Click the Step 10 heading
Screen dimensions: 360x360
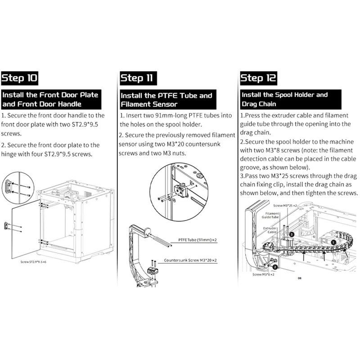pos(20,78)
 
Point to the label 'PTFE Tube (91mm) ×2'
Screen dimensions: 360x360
pos(198,241)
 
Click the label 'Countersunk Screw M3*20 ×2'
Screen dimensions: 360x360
pos(190,260)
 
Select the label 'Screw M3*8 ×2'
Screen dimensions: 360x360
pos(264,274)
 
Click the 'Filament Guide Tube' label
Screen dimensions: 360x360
pos(273,216)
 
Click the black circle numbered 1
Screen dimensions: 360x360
pos(333,242)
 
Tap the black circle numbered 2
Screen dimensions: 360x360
pos(269,266)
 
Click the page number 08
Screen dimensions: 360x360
pos(299,278)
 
